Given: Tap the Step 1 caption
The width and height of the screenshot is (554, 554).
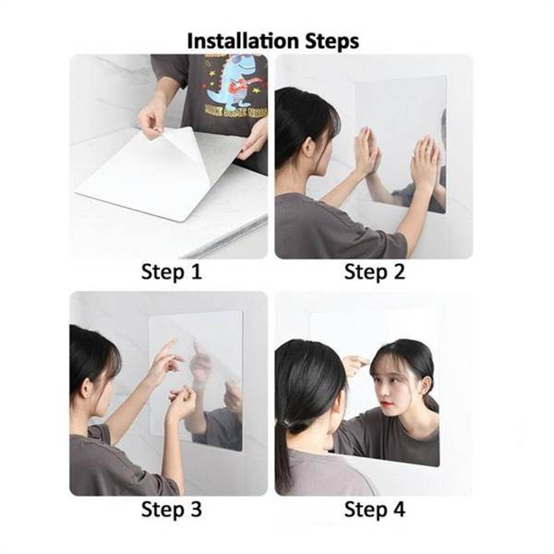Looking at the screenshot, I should [171, 271].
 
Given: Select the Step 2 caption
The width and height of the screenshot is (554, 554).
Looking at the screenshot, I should [375, 271].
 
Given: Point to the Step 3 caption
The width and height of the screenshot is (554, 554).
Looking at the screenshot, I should [171, 509].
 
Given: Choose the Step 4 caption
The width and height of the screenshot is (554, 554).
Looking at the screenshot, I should [375, 509].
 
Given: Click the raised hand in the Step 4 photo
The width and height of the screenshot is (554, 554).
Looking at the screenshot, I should [355, 363].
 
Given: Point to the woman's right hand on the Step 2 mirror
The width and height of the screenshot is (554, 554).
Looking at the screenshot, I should [424, 163].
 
